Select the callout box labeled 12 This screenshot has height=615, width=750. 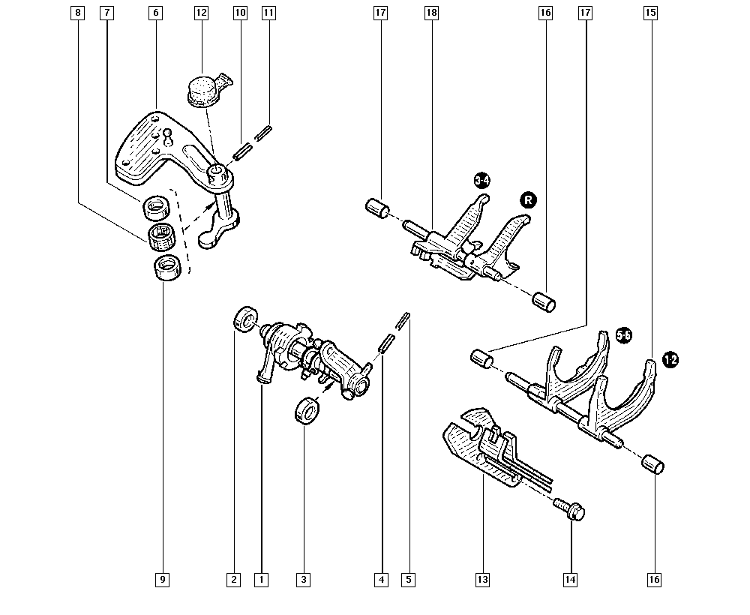200,13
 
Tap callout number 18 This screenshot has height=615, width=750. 430,13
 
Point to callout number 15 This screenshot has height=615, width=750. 650,13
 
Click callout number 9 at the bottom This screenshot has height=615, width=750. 163,579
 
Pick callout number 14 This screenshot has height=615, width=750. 571,579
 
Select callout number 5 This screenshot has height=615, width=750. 408,579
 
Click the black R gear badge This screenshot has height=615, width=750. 529,199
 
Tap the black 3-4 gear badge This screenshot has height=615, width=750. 484,180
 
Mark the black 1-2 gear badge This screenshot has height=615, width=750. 670,361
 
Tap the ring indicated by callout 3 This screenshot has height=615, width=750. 306,412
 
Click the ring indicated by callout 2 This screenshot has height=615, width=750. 244,319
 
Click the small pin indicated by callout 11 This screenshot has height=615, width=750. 263,133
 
